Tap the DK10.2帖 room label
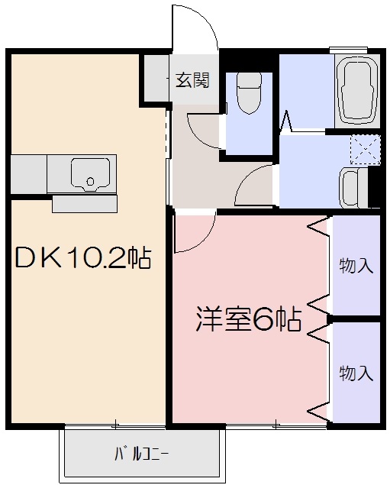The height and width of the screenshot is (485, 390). [x=83, y=258]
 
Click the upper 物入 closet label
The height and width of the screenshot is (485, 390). [x=356, y=266]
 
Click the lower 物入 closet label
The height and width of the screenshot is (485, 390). [x=356, y=373]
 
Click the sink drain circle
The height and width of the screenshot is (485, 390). [x=90, y=182]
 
